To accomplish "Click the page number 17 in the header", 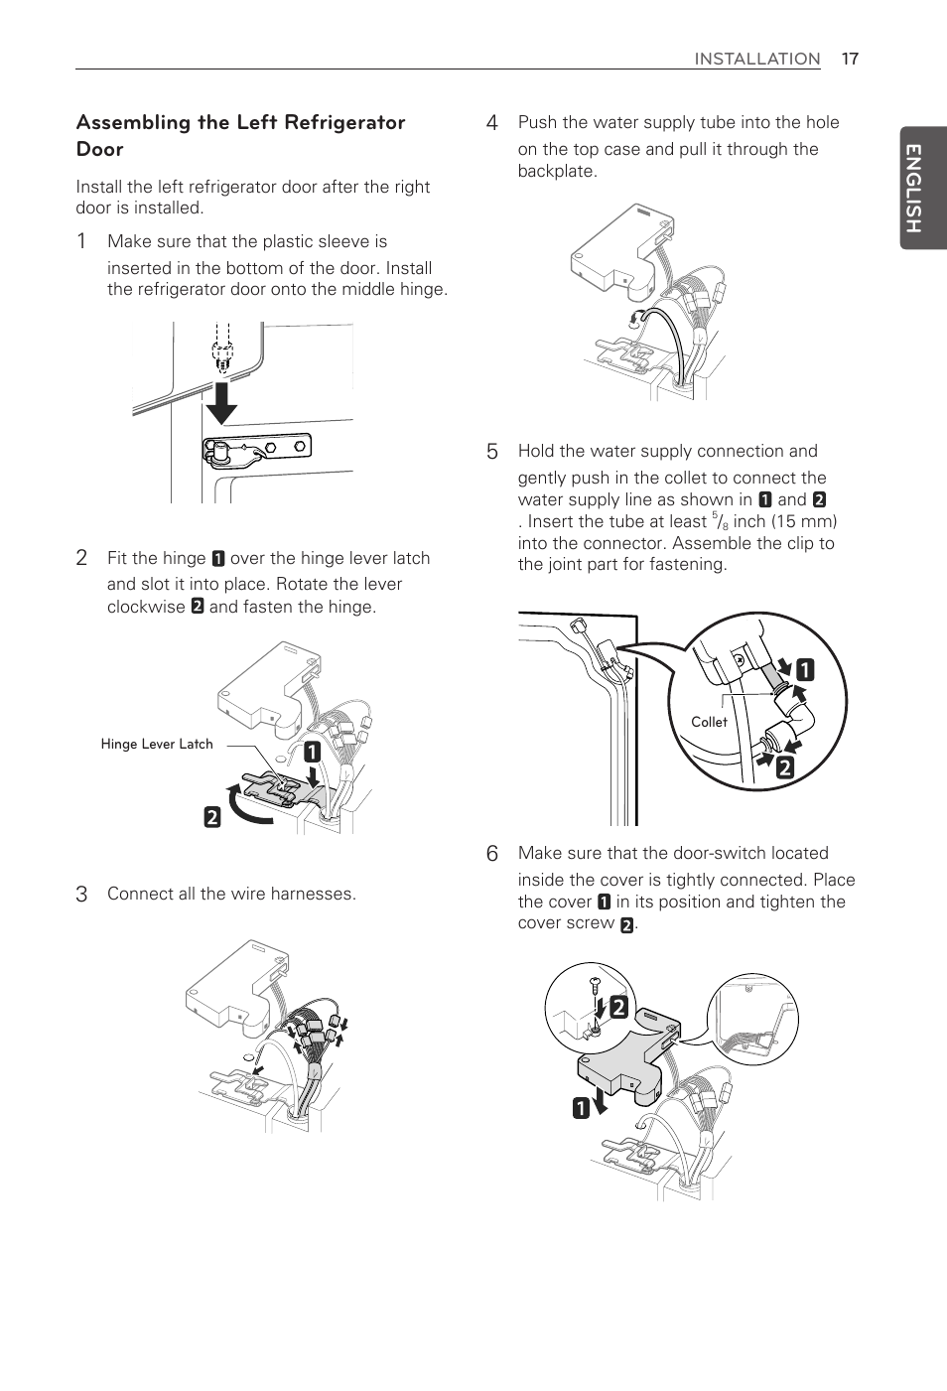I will click(849, 59).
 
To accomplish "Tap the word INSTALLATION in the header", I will click(756, 59).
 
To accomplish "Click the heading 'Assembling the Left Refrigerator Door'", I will click(240, 135).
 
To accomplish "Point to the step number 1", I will click(82, 241).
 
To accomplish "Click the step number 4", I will click(491, 123).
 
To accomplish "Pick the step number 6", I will click(491, 854).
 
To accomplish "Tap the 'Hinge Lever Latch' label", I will click(157, 744).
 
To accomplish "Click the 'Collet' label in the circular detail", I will click(709, 722).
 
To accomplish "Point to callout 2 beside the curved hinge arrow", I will click(212, 817).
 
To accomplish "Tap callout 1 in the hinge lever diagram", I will click(312, 752).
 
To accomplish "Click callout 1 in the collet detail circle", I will click(804, 670).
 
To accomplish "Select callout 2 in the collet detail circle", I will click(785, 766).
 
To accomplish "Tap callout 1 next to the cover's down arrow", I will click(581, 1107).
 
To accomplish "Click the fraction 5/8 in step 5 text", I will click(720, 521).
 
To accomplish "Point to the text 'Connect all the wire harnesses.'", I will click(231, 894).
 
